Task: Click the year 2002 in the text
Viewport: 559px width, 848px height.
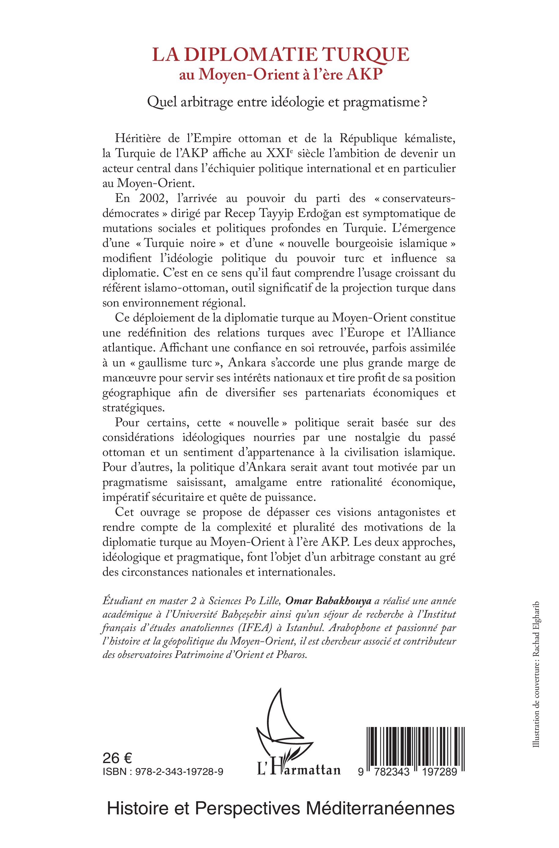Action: [x=147, y=198]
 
